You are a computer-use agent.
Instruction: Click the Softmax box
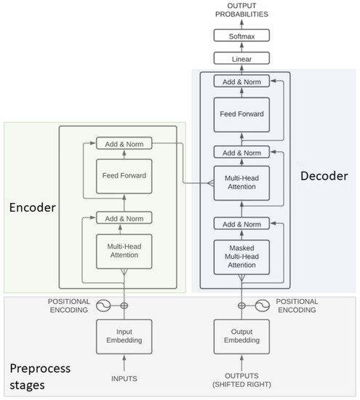tap(240, 36)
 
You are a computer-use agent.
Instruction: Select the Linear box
tap(240, 58)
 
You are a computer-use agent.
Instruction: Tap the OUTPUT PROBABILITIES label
tap(240, 9)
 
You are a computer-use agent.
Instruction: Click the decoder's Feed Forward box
tap(240, 114)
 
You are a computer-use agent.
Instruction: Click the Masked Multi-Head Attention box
tap(240, 257)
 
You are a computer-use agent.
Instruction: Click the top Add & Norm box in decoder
tap(240, 81)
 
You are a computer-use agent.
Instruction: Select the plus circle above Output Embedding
tap(240, 306)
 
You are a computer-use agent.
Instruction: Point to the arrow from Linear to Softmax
tap(240, 47)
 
